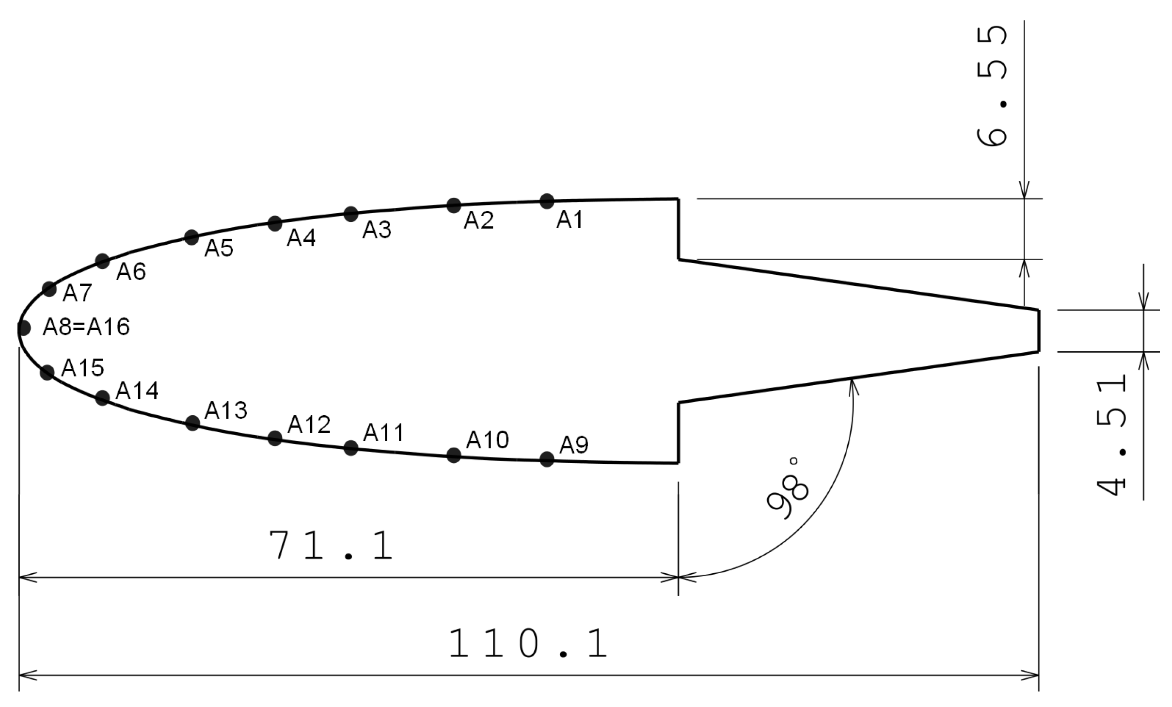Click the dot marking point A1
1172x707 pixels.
(546, 201)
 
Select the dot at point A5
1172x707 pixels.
(192, 237)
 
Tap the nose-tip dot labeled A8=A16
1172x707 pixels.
(23, 329)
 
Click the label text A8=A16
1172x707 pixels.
(86, 327)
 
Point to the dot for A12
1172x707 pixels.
(275, 438)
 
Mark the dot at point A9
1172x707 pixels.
(546, 459)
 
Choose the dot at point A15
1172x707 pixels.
(47, 373)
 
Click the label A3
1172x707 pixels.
(377, 230)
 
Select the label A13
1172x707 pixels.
(226, 410)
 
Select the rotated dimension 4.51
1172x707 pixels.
(1111, 436)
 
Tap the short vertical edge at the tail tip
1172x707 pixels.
(1038, 330)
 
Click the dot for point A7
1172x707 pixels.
(49, 289)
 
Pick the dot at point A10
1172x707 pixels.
(454, 455)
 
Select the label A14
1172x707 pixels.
(137, 391)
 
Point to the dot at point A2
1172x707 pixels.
(454, 205)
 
